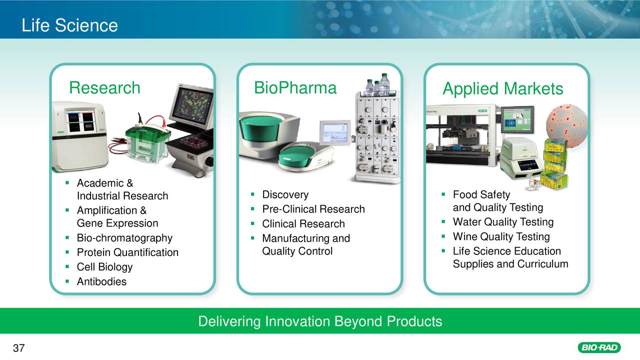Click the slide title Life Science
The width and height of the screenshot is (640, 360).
click(x=69, y=25)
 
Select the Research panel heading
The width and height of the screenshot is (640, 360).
click(x=104, y=88)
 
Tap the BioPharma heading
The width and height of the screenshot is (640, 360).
click(x=295, y=88)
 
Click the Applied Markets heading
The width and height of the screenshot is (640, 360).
click(x=502, y=89)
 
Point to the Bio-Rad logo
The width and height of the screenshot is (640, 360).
click(x=598, y=347)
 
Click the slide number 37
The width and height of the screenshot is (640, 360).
click(x=18, y=348)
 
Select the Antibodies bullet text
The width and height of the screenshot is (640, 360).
click(x=101, y=281)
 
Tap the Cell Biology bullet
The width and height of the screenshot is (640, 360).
click(x=104, y=267)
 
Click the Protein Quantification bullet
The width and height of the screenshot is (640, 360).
click(x=127, y=252)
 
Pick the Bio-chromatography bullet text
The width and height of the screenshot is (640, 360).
click(x=124, y=238)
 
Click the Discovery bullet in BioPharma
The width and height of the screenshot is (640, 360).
click(x=285, y=194)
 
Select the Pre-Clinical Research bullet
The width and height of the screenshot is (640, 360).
click(x=313, y=209)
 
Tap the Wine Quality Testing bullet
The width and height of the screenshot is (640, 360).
click(x=501, y=236)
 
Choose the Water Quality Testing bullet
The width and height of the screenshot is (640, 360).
click(x=503, y=222)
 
